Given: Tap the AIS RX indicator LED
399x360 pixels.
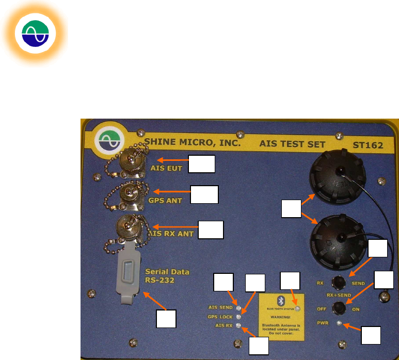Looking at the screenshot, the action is coord(238,325).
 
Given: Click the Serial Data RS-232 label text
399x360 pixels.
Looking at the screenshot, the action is coord(167,276).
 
